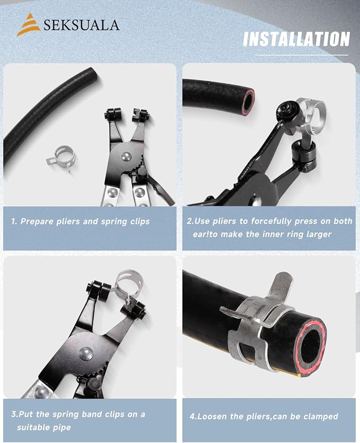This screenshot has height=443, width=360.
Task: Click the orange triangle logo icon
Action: tap(28, 25)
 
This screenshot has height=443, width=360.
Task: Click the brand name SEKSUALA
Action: tap(81, 25)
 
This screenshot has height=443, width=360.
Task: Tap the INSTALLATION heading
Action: tap(296, 39)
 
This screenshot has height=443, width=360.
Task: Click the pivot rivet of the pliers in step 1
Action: tap(126, 157)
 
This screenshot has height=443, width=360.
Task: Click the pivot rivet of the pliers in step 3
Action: tap(86, 353)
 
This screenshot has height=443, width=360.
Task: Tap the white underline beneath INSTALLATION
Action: tap(302, 55)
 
